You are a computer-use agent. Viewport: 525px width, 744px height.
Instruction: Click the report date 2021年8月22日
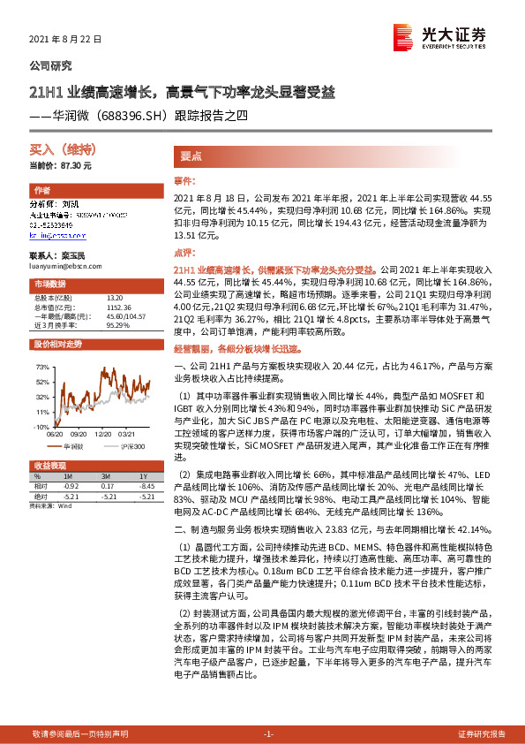[67, 40]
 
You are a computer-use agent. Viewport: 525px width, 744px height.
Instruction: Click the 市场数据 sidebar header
[50, 284]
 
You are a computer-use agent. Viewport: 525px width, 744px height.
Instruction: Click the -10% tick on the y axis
[41, 427]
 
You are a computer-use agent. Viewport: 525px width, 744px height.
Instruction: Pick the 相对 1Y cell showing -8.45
[135, 486]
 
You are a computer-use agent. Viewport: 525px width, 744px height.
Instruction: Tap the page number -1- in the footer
[269, 733]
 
